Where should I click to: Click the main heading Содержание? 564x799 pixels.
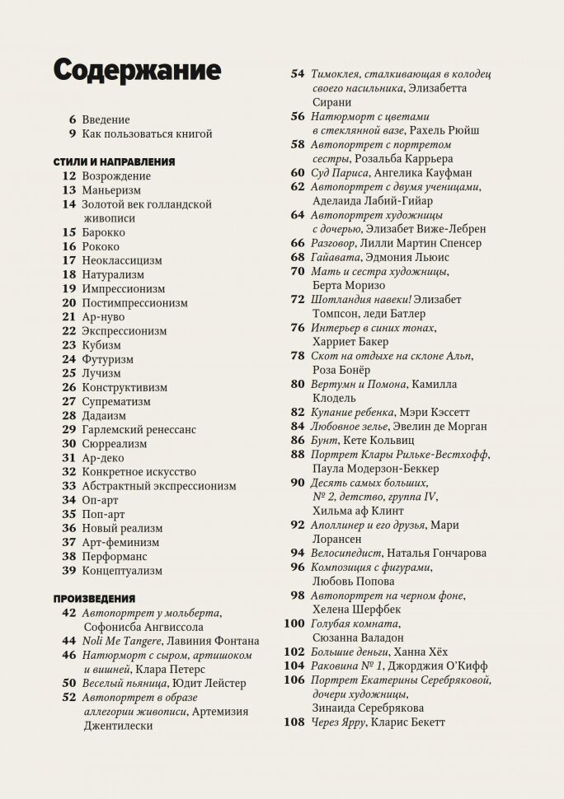point(137,70)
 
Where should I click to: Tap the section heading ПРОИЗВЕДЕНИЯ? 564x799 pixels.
point(94,597)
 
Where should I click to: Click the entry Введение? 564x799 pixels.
point(106,119)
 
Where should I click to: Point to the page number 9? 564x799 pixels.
point(73,133)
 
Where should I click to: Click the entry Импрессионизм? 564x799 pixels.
point(123,288)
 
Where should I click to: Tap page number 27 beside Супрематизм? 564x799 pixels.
point(68,401)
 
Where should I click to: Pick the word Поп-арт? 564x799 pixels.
point(101,514)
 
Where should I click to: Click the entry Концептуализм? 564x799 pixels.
point(122,570)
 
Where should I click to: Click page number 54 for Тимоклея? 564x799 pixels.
point(298,73)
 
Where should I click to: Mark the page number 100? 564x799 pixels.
point(294,623)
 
